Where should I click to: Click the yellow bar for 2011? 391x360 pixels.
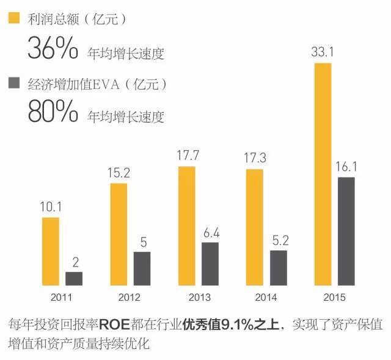[51, 251]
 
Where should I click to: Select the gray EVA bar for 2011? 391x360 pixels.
[75, 278]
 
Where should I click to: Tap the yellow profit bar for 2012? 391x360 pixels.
[119, 234]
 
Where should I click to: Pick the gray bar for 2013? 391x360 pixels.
[210, 264]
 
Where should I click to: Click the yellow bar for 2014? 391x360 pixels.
[254, 227]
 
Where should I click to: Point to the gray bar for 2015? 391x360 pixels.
[346, 231]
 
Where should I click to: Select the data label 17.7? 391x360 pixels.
[186, 156]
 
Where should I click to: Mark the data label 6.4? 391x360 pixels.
[210, 232]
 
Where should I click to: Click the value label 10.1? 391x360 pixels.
[51, 207]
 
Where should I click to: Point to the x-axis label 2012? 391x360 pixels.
[130, 297]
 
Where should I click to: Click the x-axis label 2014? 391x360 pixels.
[266, 297]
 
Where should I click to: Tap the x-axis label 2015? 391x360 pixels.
[334, 297]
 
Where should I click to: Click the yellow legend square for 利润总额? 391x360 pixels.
[13, 18]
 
